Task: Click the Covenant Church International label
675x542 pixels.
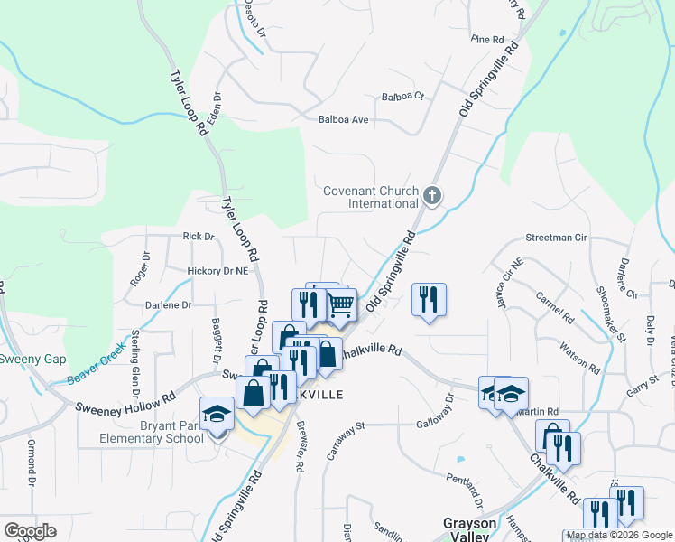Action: (372, 197)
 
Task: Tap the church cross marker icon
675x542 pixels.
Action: (432, 195)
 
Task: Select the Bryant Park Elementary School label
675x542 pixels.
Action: (153, 432)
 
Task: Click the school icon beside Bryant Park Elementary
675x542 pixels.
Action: (216, 414)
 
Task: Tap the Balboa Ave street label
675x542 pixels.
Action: (344, 119)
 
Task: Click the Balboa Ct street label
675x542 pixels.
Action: (402, 96)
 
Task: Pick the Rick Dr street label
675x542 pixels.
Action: (199, 237)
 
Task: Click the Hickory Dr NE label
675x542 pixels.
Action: (217, 270)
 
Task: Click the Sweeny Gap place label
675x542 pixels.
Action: (32, 360)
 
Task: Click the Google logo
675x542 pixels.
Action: (30, 531)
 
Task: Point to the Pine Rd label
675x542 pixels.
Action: (486, 40)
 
